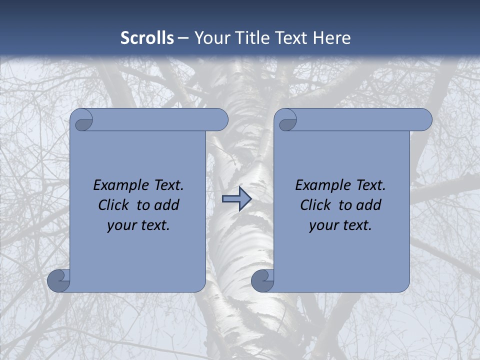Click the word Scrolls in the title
click(x=147, y=38)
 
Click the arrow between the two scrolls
click(x=236, y=199)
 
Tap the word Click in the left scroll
click(x=113, y=205)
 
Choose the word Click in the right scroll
click(x=315, y=205)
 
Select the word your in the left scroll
click(x=122, y=225)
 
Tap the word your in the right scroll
click(x=324, y=225)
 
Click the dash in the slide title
click(x=183, y=38)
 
